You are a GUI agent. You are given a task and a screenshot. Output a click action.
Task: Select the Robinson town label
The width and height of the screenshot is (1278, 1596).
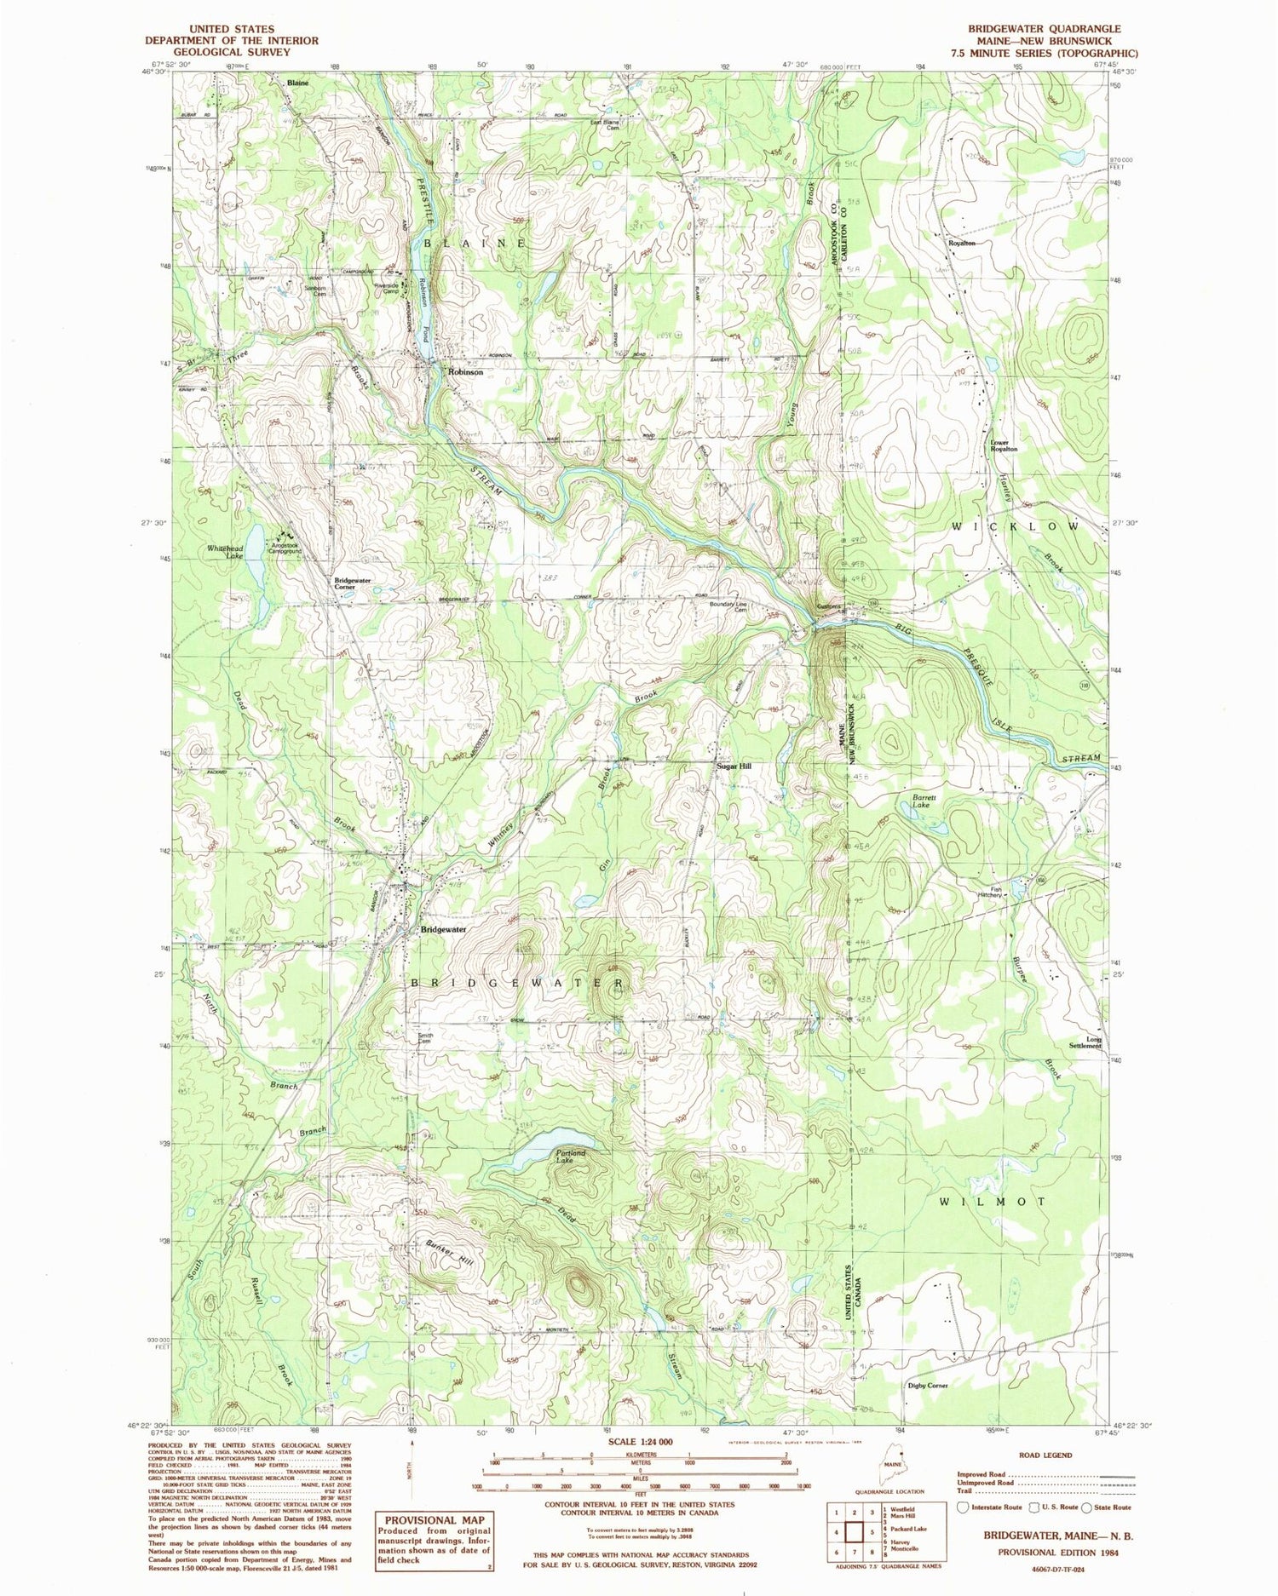click(x=466, y=372)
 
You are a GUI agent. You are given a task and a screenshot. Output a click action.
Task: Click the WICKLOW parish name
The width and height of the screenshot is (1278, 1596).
click(x=1015, y=527)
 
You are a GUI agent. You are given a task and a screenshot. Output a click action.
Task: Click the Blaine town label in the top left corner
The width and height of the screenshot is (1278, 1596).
click(x=297, y=83)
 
